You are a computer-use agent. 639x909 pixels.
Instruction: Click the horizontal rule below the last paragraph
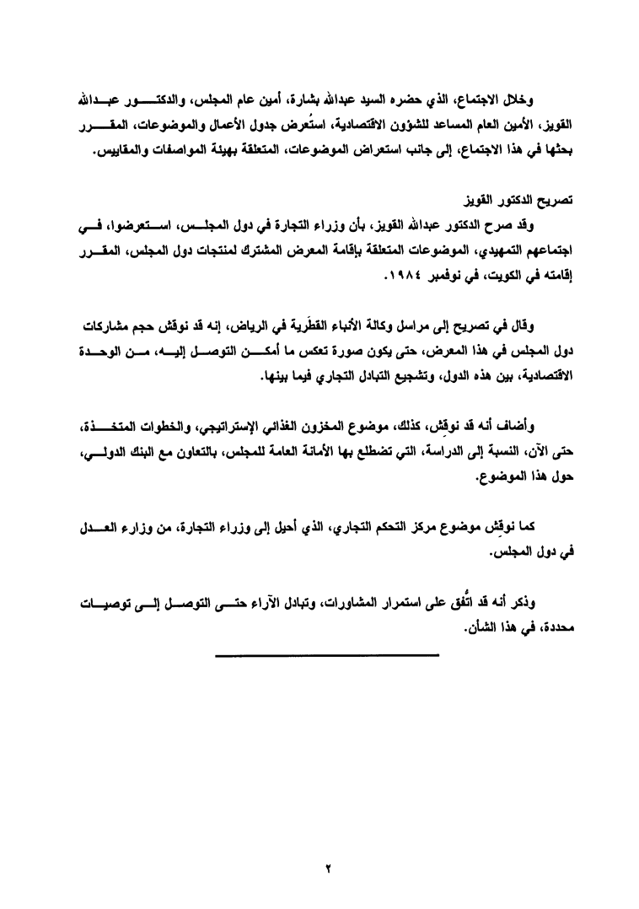pos(326,654)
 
